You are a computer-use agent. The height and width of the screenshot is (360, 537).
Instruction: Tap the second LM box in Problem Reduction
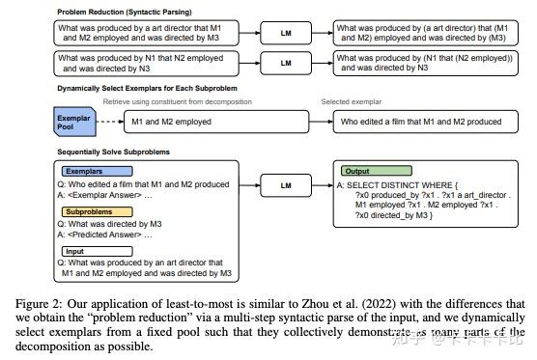(285, 64)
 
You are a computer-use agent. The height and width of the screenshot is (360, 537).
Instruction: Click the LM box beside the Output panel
(285, 183)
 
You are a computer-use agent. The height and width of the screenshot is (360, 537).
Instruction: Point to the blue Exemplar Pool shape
(71, 121)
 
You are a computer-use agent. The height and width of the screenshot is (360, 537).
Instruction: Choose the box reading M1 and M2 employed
(173, 123)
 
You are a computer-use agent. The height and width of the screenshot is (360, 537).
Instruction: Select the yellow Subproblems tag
(90, 210)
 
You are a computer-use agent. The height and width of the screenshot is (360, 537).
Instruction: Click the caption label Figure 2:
(34, 303)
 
